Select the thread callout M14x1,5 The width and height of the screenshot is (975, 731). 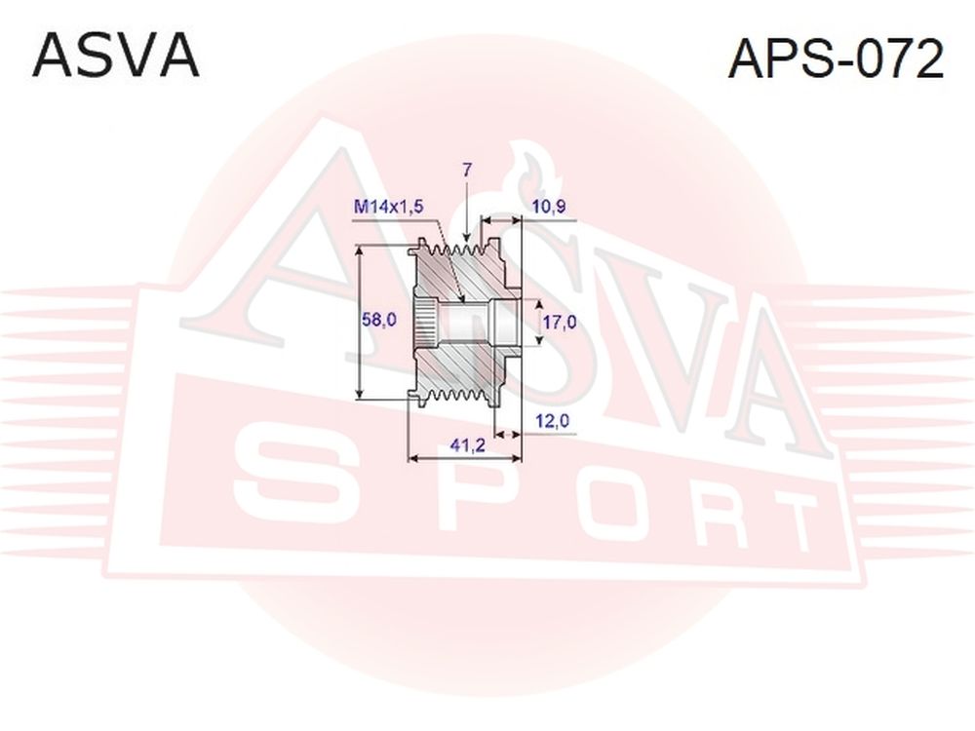click(x=389, y=207)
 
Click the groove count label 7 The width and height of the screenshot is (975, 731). click(x=466, y=169)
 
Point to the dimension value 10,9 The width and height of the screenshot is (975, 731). click(x=549, y=207)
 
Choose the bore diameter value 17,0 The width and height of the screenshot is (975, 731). click(x=559, y=322)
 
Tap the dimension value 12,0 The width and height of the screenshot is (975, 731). click(x=552, y=421)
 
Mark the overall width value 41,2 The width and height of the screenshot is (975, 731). click(x=468, y=446)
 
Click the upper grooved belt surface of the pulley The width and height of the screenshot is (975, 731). click(x=454, y=250)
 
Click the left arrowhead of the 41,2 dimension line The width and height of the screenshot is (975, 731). click(x=412, y=459)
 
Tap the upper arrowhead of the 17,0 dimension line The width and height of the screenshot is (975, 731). click(x=539, y=303)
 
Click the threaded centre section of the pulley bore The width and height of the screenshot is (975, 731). click(x=463, y=323)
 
